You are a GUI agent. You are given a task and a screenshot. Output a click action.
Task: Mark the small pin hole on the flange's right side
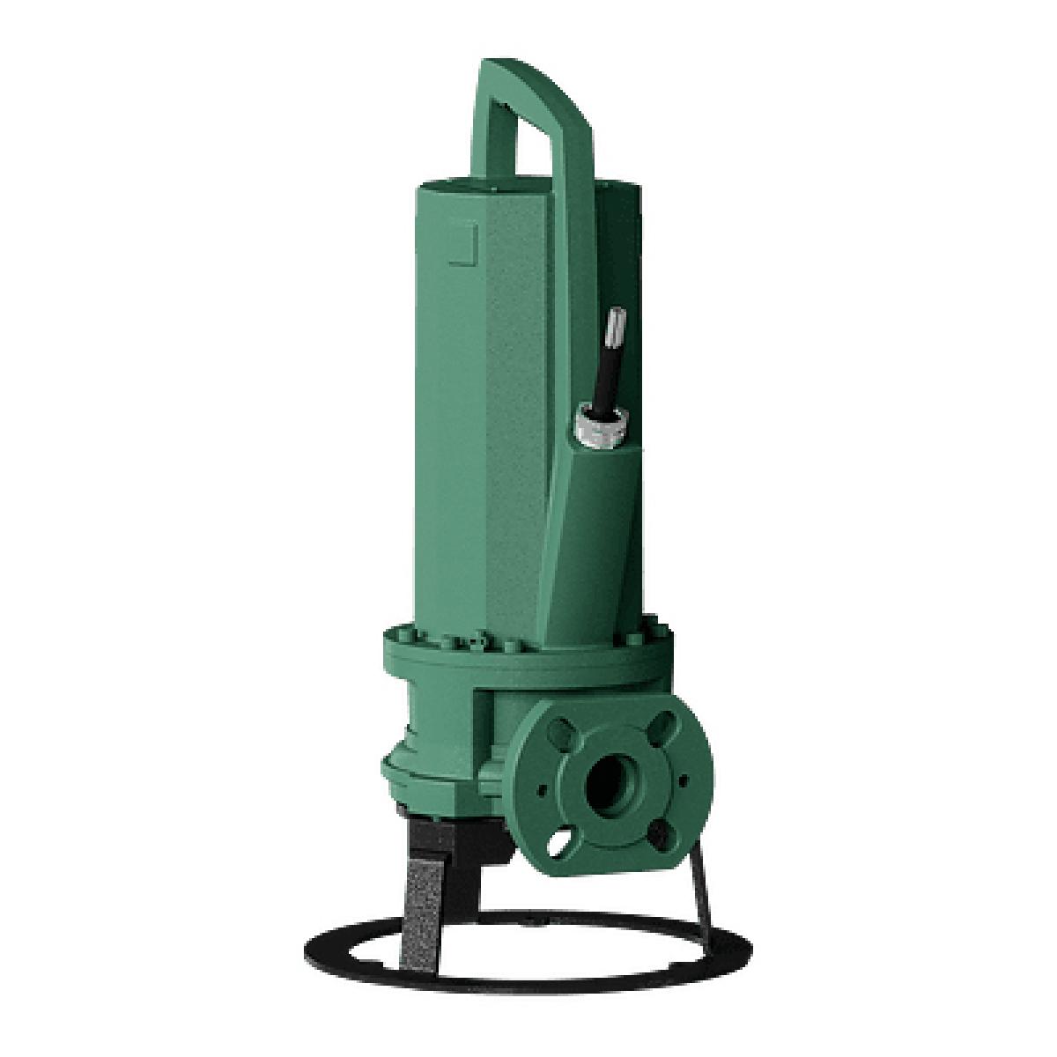pos(681,780)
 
